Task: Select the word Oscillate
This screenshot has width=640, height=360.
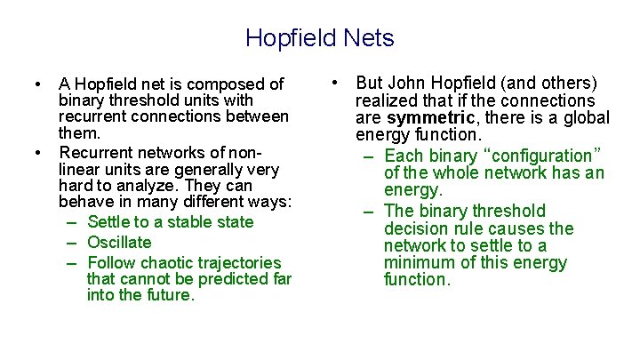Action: [119, 242]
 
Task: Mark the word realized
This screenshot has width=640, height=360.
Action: [388, 100]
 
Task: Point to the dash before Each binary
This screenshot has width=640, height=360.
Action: [368, 156]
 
